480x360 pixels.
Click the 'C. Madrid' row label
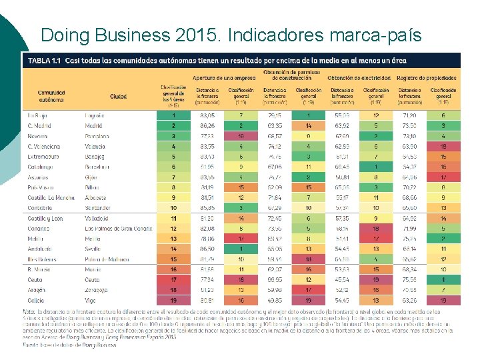point(40,125)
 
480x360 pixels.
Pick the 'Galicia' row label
point(36,301)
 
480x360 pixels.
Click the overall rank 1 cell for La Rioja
point(174,115)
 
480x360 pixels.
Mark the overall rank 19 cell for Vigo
point(174,301)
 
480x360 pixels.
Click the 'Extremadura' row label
point(43,156)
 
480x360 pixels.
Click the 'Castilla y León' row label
point(45,218)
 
